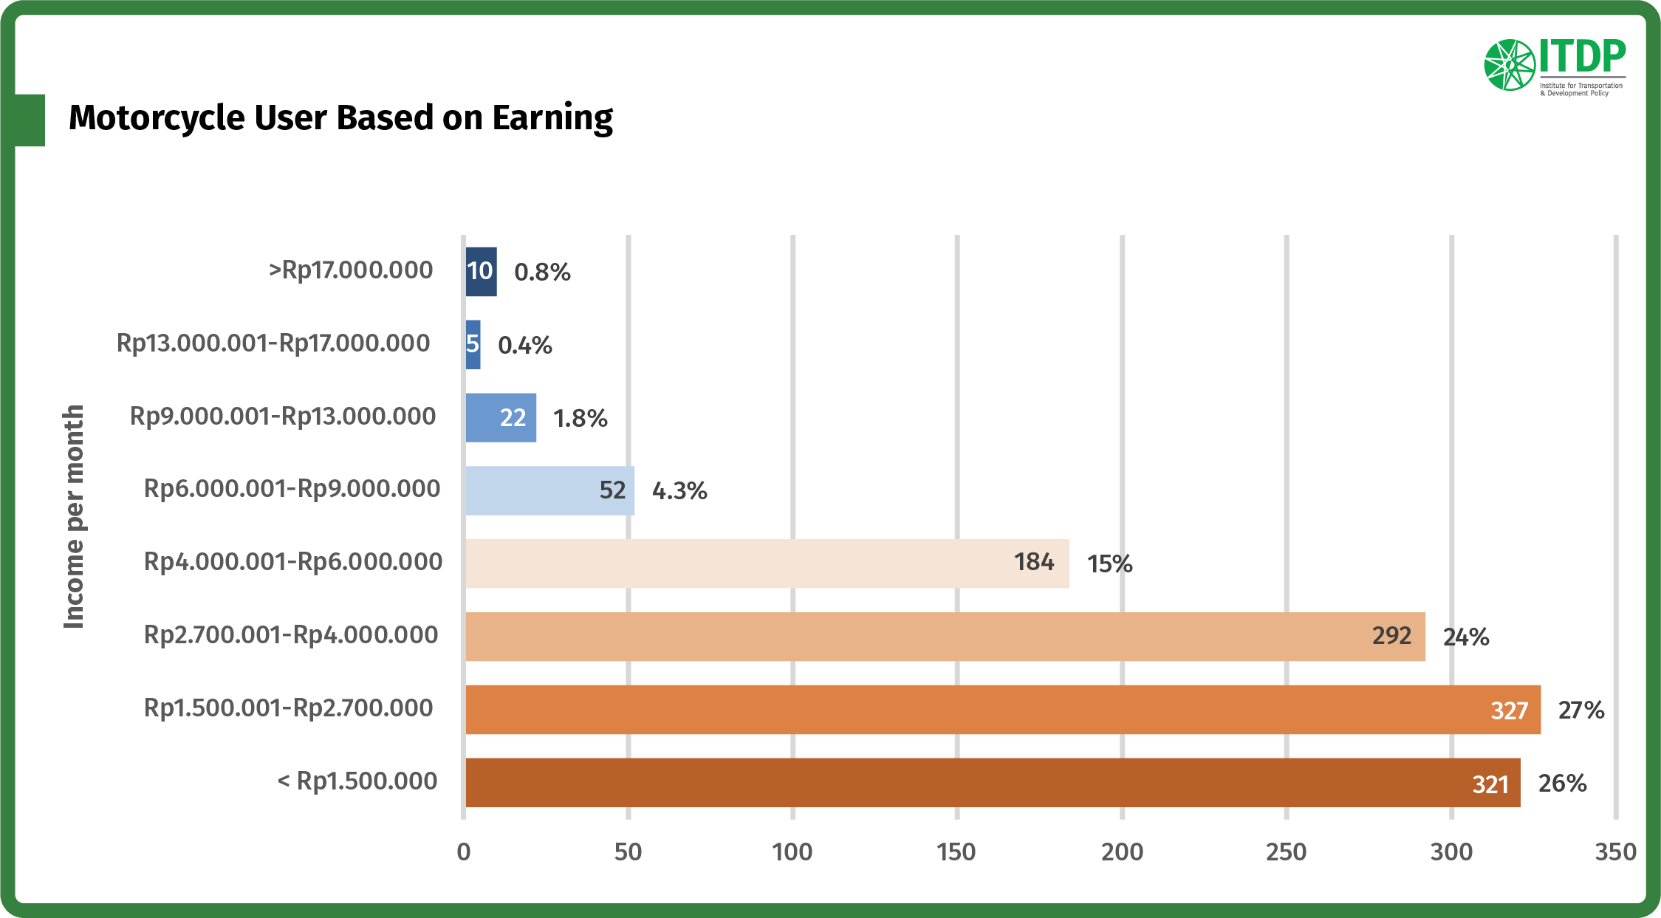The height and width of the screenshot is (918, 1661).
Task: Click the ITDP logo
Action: (1554, 66)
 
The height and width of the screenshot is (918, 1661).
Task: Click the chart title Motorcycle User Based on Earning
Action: (340, 118)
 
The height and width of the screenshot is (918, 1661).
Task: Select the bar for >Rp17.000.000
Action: (481, 272)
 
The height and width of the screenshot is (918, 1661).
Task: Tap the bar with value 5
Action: (473, 345)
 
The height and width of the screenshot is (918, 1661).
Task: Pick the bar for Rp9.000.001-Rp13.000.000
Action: (501, 418)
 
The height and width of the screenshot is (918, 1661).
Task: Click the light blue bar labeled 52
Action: (549, 490)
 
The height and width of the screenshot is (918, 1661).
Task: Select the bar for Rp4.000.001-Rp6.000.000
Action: (767, 564)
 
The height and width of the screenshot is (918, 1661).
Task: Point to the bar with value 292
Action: (945, 637)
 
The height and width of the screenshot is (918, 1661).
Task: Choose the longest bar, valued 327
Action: (1002, 710)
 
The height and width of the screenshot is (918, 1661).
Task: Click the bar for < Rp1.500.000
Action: (993, 783)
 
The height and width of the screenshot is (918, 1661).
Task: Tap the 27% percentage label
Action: (1580, 710)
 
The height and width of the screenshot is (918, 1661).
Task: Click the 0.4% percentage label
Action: (524, 346)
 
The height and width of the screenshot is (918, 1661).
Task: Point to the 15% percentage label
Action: (1109, 564)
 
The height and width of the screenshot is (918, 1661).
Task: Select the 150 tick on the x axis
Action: (956, 852)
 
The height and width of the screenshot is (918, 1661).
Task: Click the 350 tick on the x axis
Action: (1615, 852)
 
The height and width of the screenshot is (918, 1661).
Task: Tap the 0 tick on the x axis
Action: (464, 852)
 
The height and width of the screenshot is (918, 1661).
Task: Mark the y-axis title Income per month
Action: (74, 517)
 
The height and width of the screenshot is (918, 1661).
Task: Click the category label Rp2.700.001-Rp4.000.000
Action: (291, 635)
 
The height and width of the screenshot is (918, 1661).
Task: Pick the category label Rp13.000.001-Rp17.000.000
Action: (273, 343)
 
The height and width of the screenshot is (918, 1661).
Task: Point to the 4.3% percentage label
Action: (679, 491)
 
